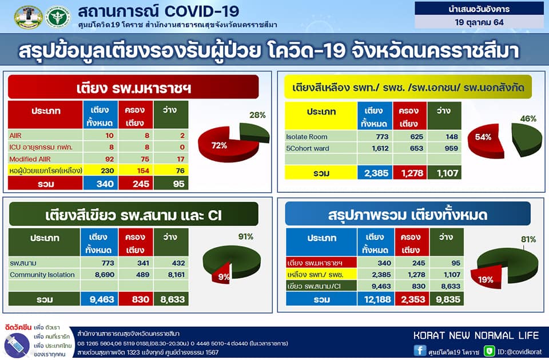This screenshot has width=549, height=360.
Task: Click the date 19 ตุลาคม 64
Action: click(479, 22)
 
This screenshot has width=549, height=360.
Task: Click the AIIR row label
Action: click(15, 136)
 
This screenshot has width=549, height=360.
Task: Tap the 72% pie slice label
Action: click(219, 145)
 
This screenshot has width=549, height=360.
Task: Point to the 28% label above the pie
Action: click(257, 115)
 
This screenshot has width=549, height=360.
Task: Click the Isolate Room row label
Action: click(307, 137)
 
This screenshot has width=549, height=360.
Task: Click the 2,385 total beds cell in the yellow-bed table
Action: click(375, 173)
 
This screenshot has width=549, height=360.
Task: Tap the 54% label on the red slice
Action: click(483, 137)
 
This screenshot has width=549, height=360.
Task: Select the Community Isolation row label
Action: click(42, 275)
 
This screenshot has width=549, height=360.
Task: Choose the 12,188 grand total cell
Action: click(376, 299)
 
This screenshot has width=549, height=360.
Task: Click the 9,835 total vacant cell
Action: click(447, 299)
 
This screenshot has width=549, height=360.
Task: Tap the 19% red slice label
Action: click(486, 279)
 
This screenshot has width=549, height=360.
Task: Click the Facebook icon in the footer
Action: click(420, 350)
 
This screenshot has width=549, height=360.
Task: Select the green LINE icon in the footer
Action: click(489, 351)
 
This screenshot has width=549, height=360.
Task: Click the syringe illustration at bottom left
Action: click(17, 345)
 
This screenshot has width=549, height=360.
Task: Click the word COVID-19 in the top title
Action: click(202, 11)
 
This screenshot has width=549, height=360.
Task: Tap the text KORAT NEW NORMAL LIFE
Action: click(476, 335)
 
